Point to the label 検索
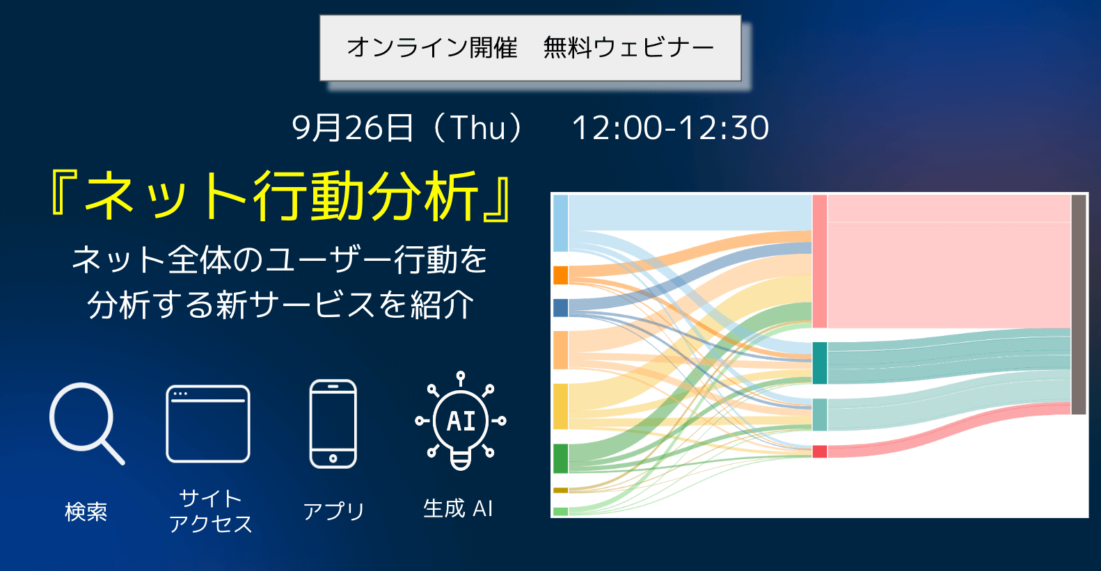86,512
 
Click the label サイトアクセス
210,511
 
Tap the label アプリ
333,511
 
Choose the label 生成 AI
458,508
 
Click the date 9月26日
352,128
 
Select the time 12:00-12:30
670,128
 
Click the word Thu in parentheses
477,128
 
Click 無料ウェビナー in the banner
628,48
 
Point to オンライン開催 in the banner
432,48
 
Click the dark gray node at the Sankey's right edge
1079,305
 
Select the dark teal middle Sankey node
820,363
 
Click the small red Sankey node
820,451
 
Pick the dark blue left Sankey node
561,308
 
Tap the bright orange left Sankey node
561,275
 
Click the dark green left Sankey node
561,458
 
